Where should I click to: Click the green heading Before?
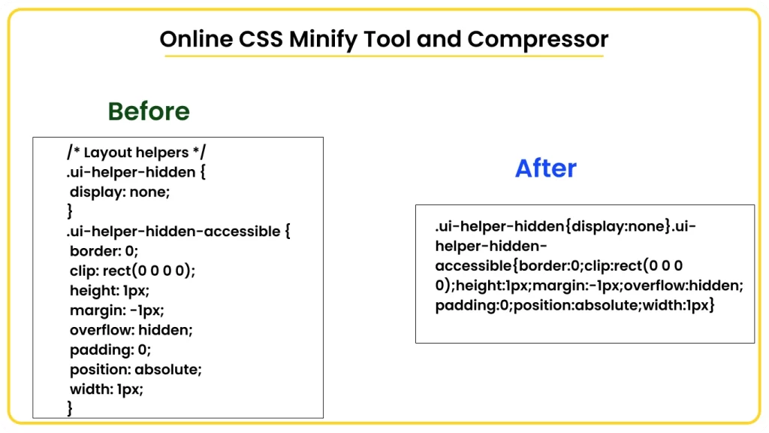149,111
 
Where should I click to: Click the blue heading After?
545,168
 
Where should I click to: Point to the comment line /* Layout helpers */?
136,153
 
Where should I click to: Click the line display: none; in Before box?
120,192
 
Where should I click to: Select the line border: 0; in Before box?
104,251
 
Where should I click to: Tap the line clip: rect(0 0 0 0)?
137,271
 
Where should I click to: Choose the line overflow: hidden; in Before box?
131,329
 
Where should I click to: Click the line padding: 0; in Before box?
110,350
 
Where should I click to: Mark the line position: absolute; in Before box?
136,369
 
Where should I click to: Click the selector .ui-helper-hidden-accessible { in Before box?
178,232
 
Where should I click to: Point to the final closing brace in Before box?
70,408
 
